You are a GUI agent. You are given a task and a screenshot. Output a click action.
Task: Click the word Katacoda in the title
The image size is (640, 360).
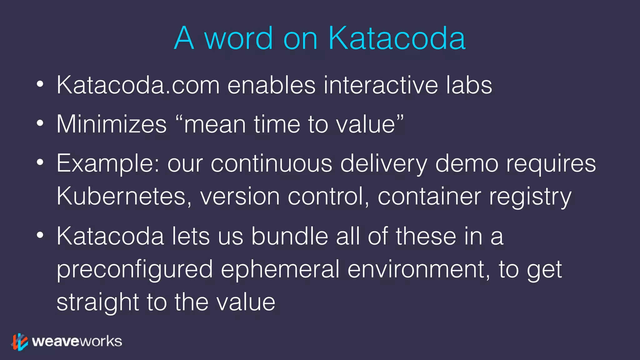(x=397, y=38)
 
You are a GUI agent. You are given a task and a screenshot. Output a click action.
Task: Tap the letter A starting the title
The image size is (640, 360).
(x=184, y=38)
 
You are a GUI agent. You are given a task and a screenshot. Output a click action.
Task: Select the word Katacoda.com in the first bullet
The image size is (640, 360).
(x=138, y=85)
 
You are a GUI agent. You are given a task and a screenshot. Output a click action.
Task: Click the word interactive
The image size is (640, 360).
(x=381, y=85)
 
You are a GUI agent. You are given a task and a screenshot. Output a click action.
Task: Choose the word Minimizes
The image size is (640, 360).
(x=112, y=124)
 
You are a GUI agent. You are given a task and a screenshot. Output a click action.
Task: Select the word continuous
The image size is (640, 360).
(x=271, y=163)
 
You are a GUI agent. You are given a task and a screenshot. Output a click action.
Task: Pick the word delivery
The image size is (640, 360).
(x=383, y=163)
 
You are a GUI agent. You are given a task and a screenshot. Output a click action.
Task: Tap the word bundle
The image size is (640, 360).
(x=290, y=236)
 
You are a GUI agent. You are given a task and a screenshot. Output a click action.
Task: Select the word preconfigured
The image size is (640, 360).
(x=135, y=269)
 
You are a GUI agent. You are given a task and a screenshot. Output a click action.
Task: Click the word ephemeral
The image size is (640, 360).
(x=280, y=269)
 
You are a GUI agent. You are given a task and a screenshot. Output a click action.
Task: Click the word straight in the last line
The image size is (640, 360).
(x=97, y=302)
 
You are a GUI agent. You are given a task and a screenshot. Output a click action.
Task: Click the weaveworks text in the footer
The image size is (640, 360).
(x=77, y=341)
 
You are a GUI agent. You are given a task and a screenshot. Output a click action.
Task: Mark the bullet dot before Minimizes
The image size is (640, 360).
(x=40, y=123)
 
